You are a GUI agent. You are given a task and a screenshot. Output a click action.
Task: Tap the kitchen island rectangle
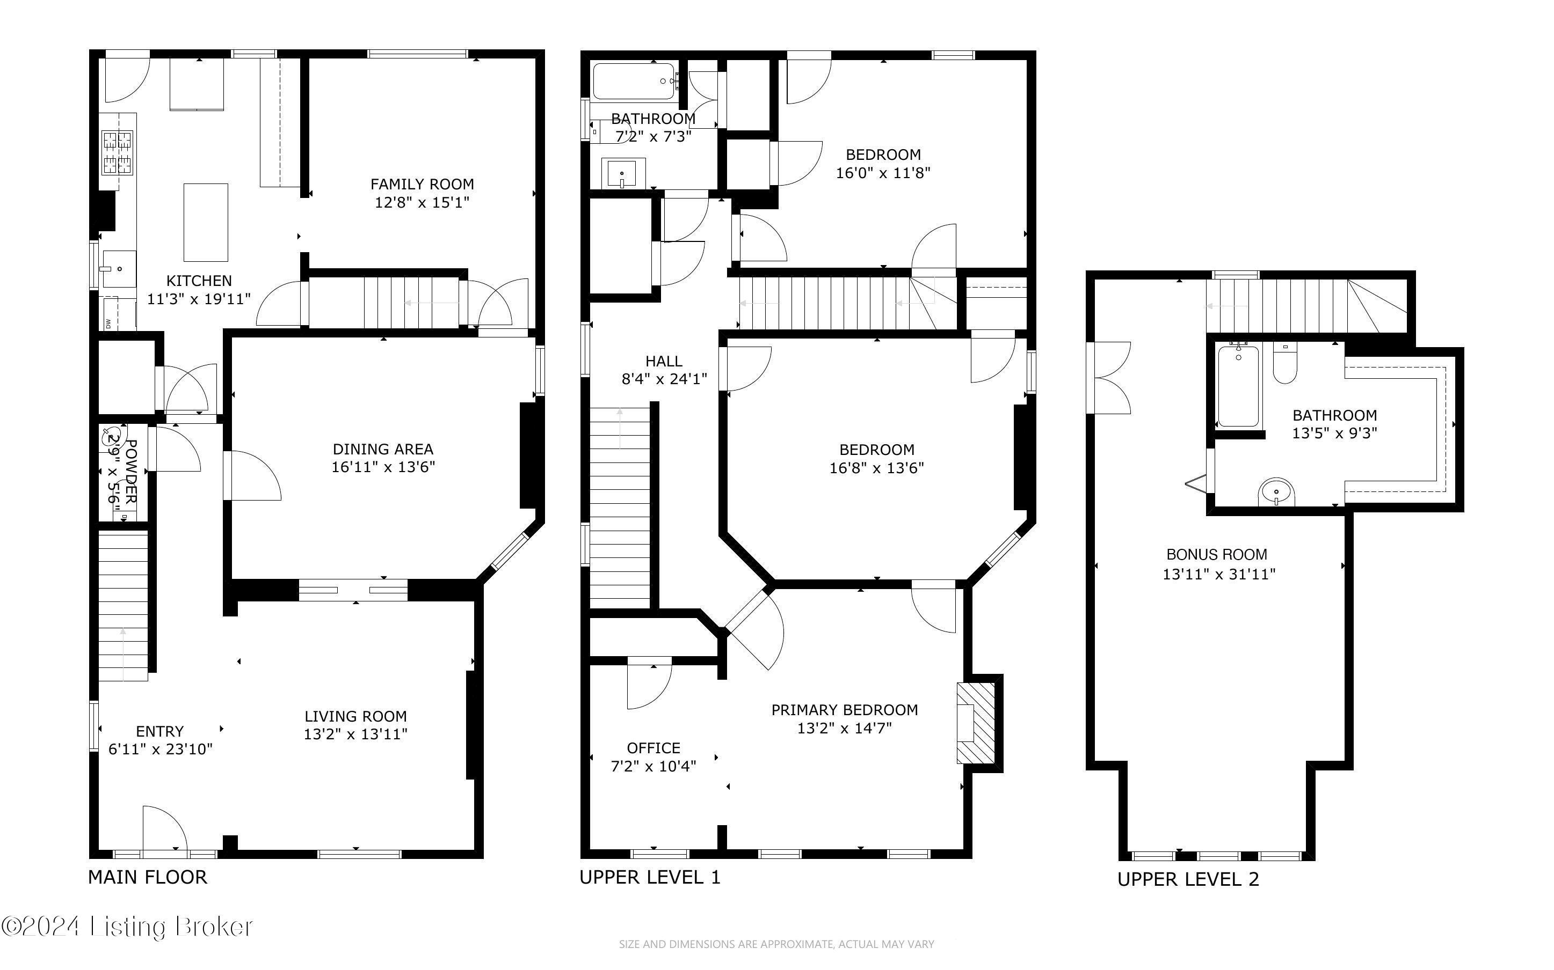coord(206,223)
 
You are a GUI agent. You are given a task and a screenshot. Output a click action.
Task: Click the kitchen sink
coord(119,269)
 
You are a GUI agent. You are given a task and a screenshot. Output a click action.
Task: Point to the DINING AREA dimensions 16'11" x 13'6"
coord(383,467)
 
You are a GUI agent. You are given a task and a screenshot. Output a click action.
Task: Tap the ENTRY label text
coord(160,731)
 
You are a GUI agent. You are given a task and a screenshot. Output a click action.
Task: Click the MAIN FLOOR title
coord(148,877)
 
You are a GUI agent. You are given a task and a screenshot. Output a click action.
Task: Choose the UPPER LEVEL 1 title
coord(650,877)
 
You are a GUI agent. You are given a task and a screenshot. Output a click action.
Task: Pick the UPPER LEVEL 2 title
coord(1188,879)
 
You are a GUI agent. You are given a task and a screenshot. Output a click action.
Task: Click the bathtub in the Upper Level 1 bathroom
coord(634,81)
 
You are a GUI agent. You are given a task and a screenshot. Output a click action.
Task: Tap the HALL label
coord(664,361)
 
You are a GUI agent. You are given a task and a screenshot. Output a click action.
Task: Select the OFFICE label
coord(653,748)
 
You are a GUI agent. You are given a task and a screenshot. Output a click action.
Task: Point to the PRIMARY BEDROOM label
coord(845,710)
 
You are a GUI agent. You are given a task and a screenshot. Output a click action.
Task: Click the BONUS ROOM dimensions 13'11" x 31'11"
coord(1219,574)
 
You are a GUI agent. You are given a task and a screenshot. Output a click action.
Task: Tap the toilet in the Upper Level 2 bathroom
coord(1285,364)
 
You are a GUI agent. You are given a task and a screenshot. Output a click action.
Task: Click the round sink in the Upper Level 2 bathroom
coord(1277,492)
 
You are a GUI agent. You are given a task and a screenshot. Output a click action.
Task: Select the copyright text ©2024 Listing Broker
coord(127,927)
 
